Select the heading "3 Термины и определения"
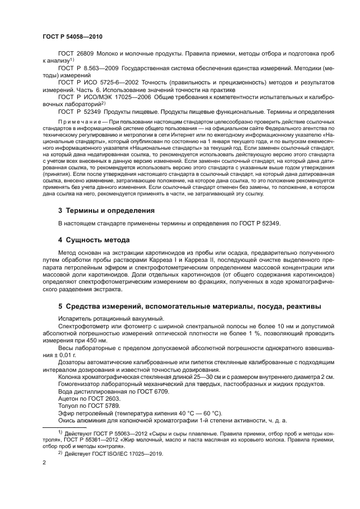[106, 210]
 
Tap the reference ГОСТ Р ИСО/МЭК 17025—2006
[106, 96]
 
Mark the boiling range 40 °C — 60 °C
[174, 412]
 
